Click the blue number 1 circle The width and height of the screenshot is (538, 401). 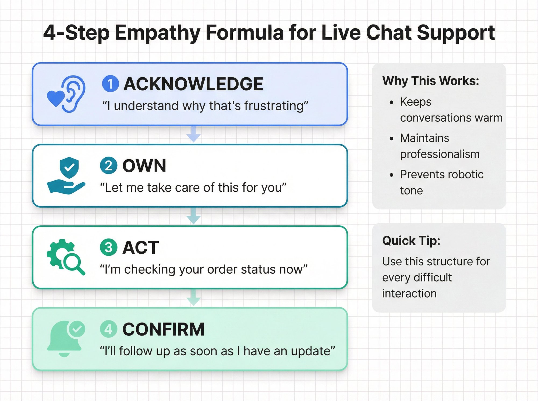[110, 84]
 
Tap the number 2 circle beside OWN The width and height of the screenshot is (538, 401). [108, 165]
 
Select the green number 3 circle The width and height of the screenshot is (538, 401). [108, 247]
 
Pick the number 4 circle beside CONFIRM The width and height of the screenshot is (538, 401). [108, 329]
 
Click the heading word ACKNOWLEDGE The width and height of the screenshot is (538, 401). [193, 84]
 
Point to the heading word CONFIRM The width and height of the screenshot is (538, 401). [163, 329]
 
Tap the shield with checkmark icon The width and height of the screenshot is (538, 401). [69, 168]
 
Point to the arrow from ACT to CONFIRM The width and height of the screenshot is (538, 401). [193, 298]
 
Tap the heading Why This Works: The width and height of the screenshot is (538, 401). [430, 81]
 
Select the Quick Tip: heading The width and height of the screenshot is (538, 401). [411, 240]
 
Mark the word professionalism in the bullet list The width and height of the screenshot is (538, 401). [440, 154]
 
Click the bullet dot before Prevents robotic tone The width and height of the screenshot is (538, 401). [391, 175]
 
